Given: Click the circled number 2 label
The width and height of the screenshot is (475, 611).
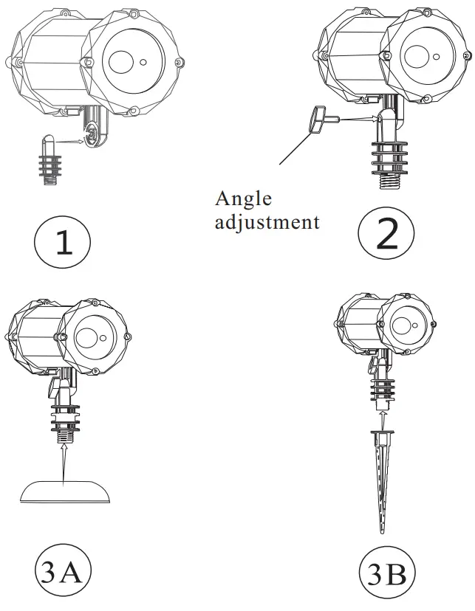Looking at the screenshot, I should (387, 235).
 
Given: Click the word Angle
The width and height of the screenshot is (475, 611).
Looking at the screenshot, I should (243, 199).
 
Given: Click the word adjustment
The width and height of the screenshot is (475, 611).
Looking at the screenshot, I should (267, 221).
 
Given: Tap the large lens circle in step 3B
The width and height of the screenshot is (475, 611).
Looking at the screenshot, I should (403, 325).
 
